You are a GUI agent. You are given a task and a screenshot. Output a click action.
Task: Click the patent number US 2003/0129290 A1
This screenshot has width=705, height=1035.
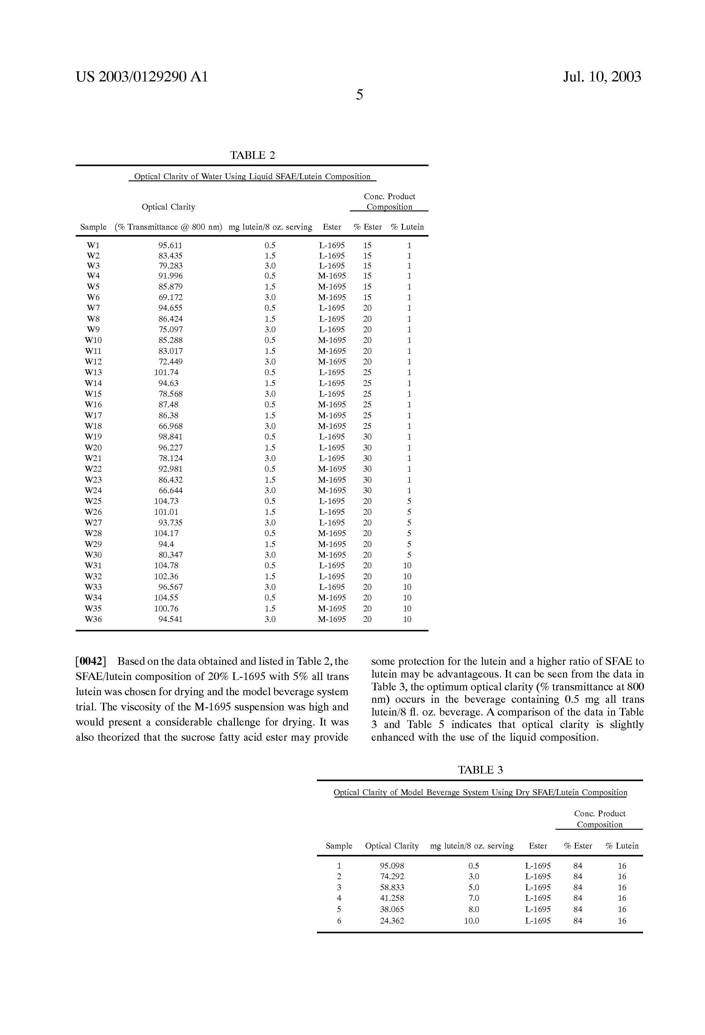142,77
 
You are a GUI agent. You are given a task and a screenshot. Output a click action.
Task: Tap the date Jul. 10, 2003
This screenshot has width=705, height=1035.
602,77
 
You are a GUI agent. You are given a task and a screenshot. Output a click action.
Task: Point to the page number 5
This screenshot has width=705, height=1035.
359,94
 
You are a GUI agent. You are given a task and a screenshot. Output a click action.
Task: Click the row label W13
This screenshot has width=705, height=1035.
93,372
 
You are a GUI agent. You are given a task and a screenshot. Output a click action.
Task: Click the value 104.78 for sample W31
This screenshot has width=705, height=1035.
166,565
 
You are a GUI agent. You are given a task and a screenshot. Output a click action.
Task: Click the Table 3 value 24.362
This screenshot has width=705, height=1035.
392,921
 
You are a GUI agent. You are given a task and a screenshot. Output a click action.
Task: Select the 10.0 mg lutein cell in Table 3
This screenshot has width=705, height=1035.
472,921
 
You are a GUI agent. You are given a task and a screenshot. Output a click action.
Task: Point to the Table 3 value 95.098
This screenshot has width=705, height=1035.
392,866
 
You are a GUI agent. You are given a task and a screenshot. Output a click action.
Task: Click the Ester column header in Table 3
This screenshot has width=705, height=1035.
538,846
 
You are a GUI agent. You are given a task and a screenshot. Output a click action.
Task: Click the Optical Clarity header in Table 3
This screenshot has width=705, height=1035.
392,846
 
